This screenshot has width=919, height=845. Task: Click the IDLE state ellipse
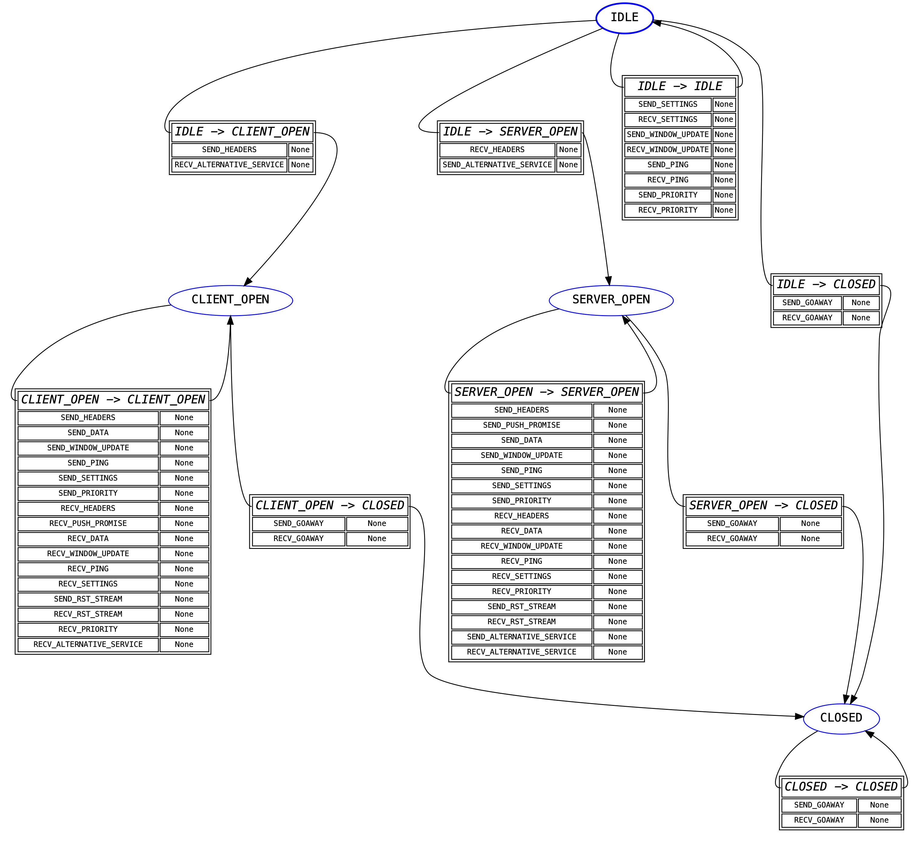[624, 18]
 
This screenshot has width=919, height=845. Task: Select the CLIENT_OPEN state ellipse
[231, 300]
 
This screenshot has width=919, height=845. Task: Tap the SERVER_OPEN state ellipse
[611, 300]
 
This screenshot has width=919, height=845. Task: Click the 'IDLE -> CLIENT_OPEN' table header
[242, 132]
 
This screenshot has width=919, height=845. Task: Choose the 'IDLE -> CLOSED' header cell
[826, 285]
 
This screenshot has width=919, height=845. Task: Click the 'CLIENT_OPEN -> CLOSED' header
[329, 506]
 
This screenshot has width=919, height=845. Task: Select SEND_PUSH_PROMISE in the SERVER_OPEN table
[522, 425]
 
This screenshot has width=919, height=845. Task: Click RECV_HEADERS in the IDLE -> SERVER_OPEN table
[497, 150]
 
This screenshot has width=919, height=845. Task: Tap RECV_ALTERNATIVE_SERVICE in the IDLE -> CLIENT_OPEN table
[229, 165]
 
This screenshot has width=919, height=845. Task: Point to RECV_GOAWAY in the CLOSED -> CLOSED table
[819, 820]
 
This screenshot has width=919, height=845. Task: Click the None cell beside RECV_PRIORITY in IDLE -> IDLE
[724, 210]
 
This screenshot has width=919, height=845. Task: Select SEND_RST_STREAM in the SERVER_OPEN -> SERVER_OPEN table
[522, 607]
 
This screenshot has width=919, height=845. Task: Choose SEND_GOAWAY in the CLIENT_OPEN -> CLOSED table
[298, 524]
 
